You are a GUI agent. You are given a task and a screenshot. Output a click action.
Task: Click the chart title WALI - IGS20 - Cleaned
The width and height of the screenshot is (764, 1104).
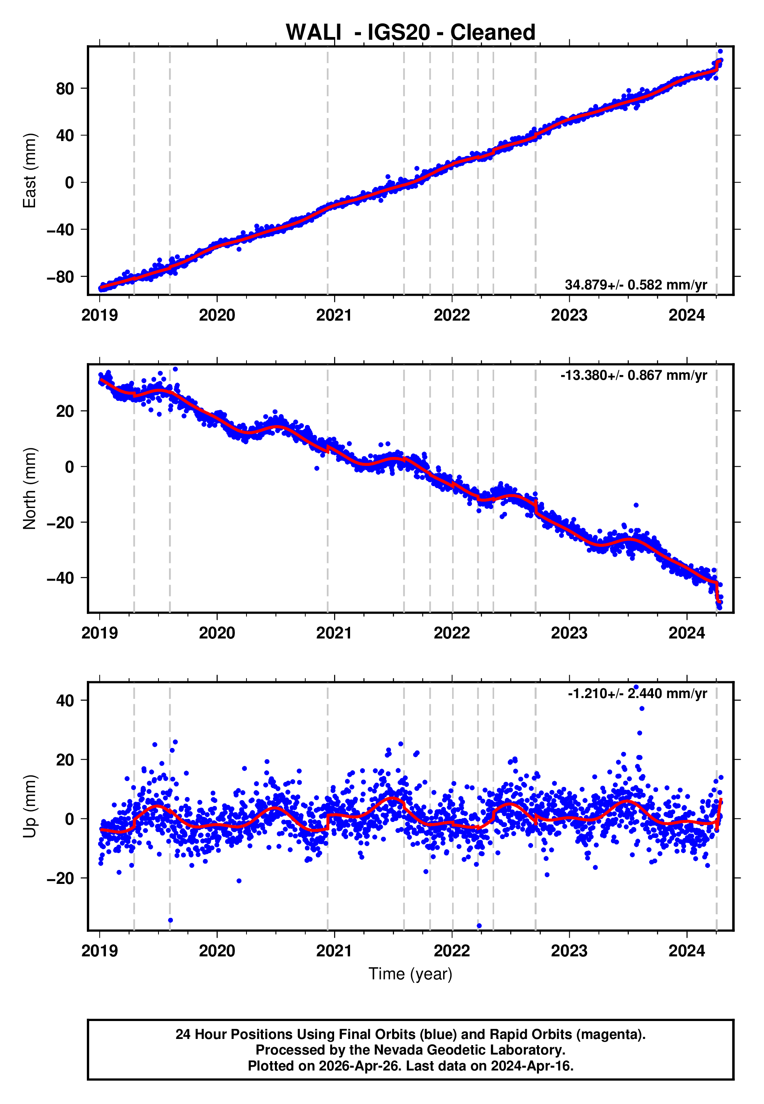pos(410,33)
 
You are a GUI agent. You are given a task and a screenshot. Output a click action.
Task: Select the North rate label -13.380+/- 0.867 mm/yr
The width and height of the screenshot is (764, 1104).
pos(633,376)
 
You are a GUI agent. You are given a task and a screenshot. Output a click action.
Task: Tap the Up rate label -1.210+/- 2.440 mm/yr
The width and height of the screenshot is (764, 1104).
pos(637,693)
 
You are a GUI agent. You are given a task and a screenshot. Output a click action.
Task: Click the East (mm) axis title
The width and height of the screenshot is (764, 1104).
pos(30,171)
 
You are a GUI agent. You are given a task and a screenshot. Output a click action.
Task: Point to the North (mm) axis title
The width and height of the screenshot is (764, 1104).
pos(30,489)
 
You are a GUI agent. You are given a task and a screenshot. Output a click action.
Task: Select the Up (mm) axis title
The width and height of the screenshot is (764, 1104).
pos(30,806)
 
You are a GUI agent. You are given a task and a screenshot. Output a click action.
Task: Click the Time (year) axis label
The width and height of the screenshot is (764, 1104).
pos(410,974)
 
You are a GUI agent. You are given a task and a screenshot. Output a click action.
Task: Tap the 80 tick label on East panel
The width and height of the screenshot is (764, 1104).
pos(65,88)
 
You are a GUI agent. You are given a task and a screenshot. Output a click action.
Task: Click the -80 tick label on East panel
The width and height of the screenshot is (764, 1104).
pos(60,277)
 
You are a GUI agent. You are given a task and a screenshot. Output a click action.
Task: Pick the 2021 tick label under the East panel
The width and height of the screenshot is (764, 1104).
pos(334,316)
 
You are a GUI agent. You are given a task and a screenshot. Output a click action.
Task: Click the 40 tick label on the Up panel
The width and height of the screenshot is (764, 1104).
pos(65,700)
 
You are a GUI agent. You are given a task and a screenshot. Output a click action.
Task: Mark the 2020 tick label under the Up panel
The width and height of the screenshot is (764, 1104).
pos(217,951)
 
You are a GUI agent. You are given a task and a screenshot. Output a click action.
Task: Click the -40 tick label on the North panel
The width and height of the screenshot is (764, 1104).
pos(60,578)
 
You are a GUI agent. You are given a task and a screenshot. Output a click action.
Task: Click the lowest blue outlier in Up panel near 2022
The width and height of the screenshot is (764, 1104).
pos(479,926)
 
